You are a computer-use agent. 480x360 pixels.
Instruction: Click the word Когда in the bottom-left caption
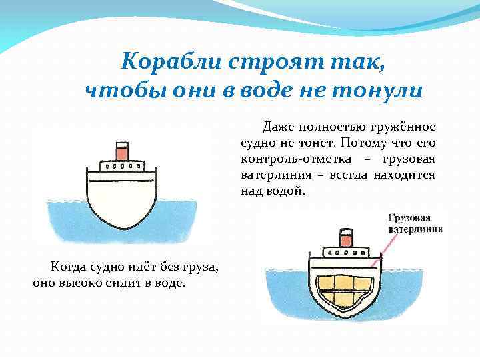[x=67, y=267]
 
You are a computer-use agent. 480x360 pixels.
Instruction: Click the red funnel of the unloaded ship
[x=122, y=151]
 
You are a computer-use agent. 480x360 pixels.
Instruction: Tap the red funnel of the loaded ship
[x=345, y=238]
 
